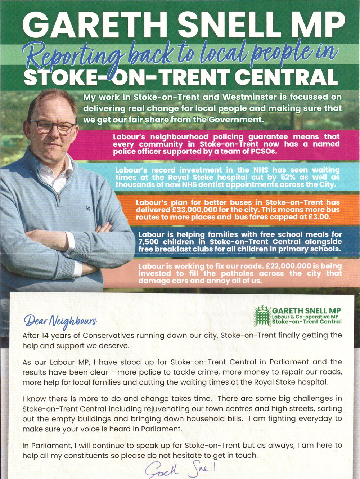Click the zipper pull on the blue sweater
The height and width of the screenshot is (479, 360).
[59, 197]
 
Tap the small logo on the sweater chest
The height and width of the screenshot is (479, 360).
[88, 208]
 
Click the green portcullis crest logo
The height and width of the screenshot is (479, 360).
[262, 316]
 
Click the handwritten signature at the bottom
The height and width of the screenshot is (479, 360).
[180, 468]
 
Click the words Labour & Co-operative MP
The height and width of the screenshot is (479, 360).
[305, 317]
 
